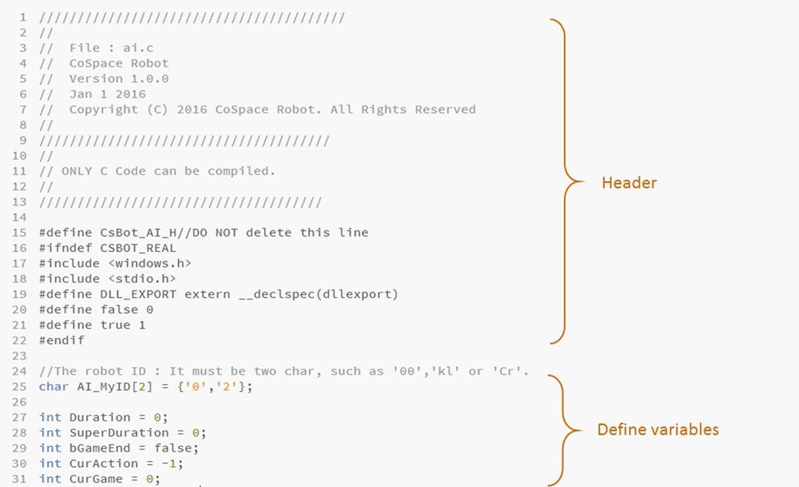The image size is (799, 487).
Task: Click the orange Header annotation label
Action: (x=628, y=182)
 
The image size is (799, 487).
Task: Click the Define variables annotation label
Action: (x=658, y=429)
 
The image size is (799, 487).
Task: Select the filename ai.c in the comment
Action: (x=138, y=48)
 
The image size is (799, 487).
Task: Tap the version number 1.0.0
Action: (x=150, y=79)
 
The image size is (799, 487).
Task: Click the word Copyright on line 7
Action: (x=104, y=110)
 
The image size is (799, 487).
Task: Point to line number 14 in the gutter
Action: (x=19, y=217)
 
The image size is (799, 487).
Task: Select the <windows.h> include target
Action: (x=150, y=263)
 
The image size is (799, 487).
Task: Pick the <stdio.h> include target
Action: (x=142, y=279)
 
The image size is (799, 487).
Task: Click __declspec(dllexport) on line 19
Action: (x=319, y=294)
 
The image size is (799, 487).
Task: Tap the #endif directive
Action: (x=61, y=340)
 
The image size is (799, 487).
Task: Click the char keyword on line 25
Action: (x=54, y=386)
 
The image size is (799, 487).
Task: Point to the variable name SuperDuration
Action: (x=119, y=432)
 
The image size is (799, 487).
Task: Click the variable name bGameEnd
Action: (x=100, y=449)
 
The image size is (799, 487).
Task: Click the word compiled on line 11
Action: (x=241, y=171)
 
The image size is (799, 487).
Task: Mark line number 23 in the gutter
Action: (x=19, y=356)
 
